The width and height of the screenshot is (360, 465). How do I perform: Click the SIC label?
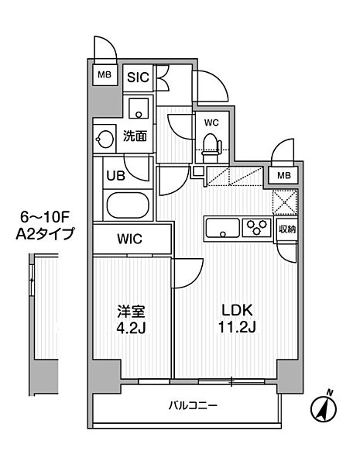point(138,77)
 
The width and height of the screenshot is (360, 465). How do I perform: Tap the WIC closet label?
point(129,239)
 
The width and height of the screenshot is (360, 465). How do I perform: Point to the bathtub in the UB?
point(128,205)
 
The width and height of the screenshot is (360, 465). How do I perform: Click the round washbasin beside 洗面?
point(105,139)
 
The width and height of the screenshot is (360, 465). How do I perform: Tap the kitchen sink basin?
point(223,228)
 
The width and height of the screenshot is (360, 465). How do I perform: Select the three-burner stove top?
point(256,227)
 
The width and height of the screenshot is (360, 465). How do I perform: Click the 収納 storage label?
point(286,229)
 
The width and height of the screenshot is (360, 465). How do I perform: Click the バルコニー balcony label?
point(193,405)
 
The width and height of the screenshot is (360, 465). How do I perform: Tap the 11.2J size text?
point(237,327)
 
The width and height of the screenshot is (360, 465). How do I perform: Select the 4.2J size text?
point(131,328)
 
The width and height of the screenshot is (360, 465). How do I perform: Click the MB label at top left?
point(105,74)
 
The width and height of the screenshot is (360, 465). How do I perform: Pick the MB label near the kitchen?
point(284,176)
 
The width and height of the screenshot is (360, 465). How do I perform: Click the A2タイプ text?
point(44,234)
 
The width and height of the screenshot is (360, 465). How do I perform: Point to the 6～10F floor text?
point(44,218)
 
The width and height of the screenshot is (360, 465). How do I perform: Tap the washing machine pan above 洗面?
point(139,108)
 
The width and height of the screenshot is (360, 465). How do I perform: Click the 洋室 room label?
point(131,312)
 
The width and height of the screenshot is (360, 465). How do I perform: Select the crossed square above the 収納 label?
point(284,202)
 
